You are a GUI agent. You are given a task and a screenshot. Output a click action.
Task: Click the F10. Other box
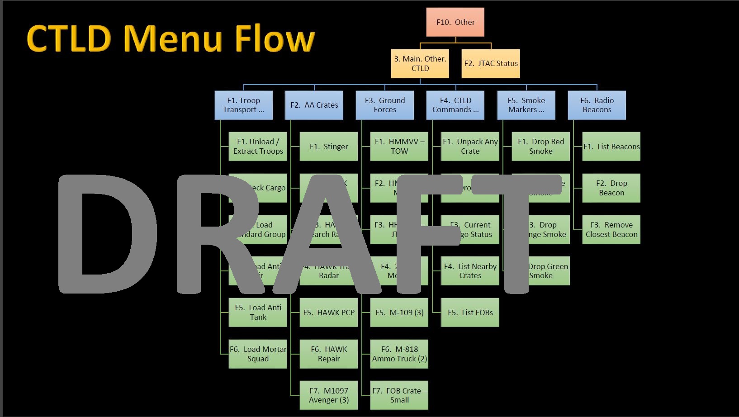(x=455, y=22)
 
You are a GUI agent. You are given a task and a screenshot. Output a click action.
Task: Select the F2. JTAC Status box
(x=491, y=64)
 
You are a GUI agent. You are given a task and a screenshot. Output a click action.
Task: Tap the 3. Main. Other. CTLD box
(x=420, y=64)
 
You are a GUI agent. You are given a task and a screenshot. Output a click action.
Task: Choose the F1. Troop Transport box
(x=243, y=105)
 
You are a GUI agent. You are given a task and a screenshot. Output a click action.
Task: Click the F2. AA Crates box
(x=314, y=105)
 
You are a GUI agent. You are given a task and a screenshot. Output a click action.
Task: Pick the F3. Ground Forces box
(x=384, y=105)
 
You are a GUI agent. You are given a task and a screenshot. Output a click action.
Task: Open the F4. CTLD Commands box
(x=455, y=105)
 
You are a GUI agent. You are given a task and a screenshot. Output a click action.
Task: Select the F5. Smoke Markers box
(x=526, y=105)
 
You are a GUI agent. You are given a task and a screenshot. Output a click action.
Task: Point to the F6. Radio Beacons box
(x=597, y=105)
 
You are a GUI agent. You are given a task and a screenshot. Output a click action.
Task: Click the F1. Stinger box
(x=328, y=147)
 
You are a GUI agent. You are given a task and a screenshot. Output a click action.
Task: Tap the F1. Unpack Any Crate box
(x=470, y=147)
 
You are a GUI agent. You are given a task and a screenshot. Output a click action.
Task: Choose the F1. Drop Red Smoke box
(x=540, y=147)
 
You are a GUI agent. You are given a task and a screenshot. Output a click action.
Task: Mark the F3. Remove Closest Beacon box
(x=611, y=230)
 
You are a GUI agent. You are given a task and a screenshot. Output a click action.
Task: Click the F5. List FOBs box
(x=470, y=313)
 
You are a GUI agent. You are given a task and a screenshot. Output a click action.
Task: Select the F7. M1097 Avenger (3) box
(x=328, y=395)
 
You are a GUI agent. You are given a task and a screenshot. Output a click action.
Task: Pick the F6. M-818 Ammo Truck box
(x=399, y=354)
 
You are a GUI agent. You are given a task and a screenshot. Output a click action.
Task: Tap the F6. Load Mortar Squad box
(x=258, y=354)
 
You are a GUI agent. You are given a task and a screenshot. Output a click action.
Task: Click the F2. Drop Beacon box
(x=611, y=188)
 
